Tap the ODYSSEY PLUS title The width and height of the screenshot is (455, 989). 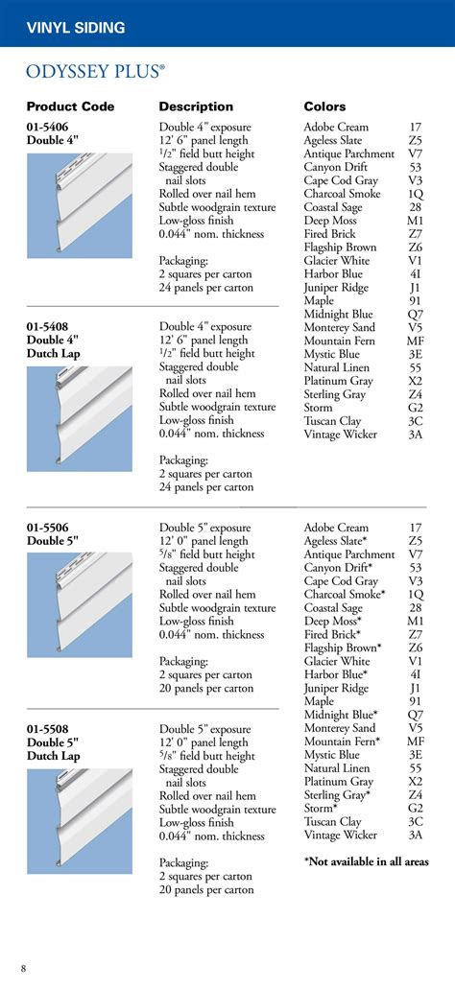tap(95, 71)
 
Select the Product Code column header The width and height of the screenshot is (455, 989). tap(70, 106)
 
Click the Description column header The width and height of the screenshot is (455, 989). tap(196, 106)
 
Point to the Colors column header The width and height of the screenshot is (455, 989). tap(324, 106)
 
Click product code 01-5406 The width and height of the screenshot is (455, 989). tap(47, 127)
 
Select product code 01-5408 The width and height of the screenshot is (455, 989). tap(47, 327)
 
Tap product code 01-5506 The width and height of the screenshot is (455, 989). tap(47, 528)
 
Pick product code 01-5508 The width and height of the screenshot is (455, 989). tap(47, 729)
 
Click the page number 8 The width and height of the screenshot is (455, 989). tap(24, 967)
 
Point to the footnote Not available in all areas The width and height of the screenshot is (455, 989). tap(367, 862)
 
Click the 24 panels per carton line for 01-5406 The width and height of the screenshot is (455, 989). tap(206, 287)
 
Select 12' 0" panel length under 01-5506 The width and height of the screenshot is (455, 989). tap(204, 541)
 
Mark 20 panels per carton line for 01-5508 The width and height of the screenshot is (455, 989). tap(206, 889)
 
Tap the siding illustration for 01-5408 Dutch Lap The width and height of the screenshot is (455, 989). tap(80, 418)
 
